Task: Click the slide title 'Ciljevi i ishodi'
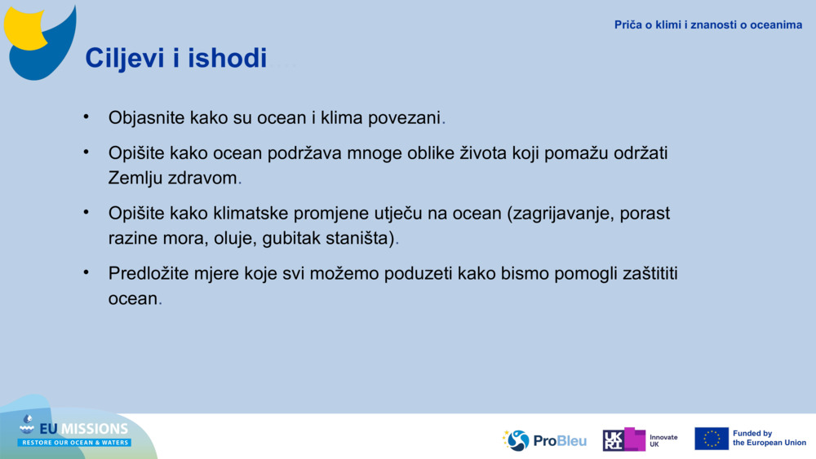point(175,58)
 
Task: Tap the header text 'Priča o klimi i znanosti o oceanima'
point(707,24)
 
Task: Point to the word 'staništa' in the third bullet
point(355,238)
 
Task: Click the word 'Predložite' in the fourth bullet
point(149,274)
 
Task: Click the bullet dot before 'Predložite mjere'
point(86,272)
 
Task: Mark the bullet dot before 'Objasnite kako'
point(86,117)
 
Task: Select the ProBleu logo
point(544,440)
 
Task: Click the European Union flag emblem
point(711,439)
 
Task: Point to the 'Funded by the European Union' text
point(769,439)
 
